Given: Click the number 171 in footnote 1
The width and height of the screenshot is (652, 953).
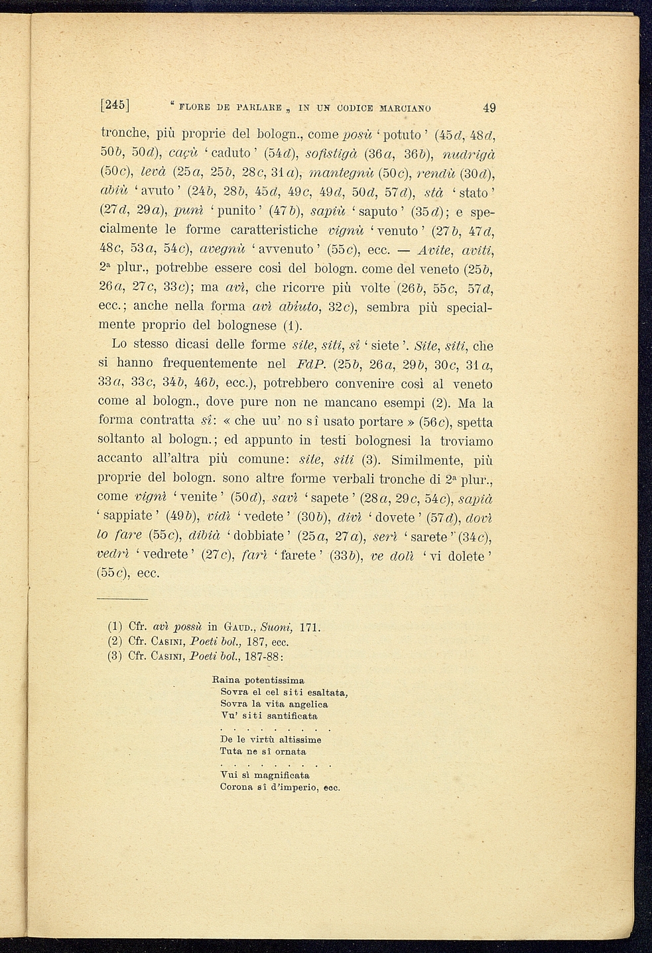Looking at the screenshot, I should pyautogui.click(x=311, y=626).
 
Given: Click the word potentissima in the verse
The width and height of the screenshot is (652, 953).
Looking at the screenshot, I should pyautogui.click(x=275, y=680).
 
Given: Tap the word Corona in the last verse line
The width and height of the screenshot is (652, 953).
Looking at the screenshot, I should pyautogui.click(x=234, y=787).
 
